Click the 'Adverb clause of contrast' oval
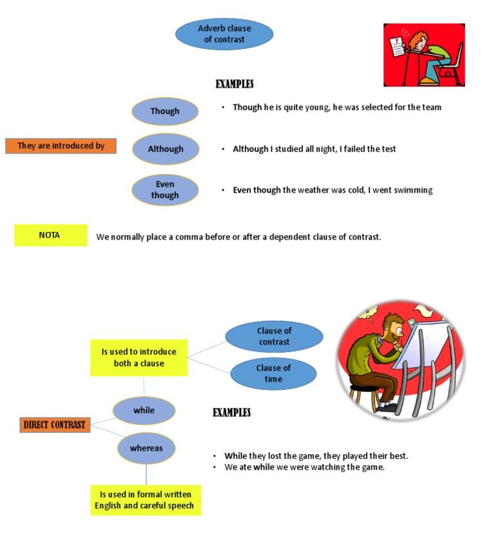pos(224,34)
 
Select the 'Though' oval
pos(165,111)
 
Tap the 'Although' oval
pos(166,149)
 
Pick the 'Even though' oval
pos(165,190)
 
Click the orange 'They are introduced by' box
pos(61,146)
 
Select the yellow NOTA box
pos(50,235)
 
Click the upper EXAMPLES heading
pos(234,84)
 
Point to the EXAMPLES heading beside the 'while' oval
pos(231,412)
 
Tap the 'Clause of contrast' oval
pos(274,336)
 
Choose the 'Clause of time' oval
pos(273,374)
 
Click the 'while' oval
pos(144,410)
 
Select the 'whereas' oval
pos(146,448)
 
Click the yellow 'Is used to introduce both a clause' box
pos(139,358)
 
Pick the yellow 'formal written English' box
pos(145,500)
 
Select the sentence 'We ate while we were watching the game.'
pos(304,467)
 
